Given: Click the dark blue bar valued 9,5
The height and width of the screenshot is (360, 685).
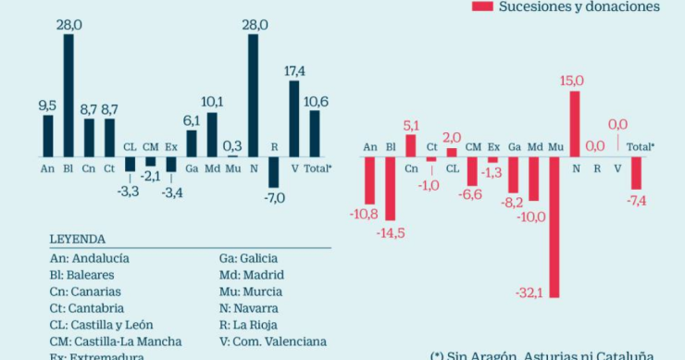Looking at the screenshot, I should [x=48, y=135].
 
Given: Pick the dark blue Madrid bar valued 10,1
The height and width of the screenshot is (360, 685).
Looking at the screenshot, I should [x=212, y=134].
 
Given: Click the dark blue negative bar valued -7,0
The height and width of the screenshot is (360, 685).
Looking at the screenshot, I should [x=274, y=172].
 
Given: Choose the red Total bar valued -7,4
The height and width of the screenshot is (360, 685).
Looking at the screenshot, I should [x=636, y=172].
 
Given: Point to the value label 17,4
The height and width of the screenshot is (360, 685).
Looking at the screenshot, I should [x=294, y=70].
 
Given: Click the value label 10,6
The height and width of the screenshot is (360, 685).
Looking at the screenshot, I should [x=316, y=100].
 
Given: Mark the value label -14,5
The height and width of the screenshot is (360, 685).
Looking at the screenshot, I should [x=391, y=234].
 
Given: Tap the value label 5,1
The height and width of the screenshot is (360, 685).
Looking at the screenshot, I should [x=411, y=125].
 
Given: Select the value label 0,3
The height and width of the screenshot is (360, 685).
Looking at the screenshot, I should [x=232, y=145].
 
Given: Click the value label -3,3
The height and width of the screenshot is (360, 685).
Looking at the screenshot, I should [x=130, y=191].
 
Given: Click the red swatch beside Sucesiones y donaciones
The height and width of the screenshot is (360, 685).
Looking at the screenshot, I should [x=481, y=6].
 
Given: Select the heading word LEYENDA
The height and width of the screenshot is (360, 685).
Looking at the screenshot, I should [x=77, y=239].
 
